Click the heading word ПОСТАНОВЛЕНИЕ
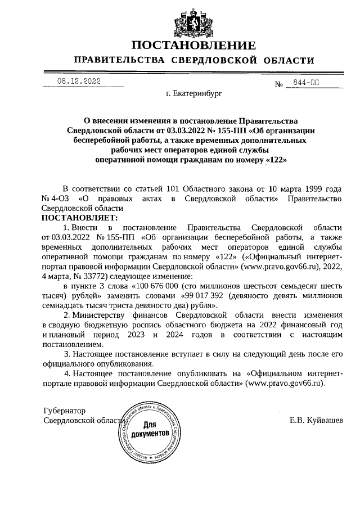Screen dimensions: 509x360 coord(193,46)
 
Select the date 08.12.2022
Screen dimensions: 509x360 coord(79,82)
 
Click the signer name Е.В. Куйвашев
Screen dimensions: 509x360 coord(316,420)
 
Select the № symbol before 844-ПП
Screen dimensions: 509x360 coord(278,84)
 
